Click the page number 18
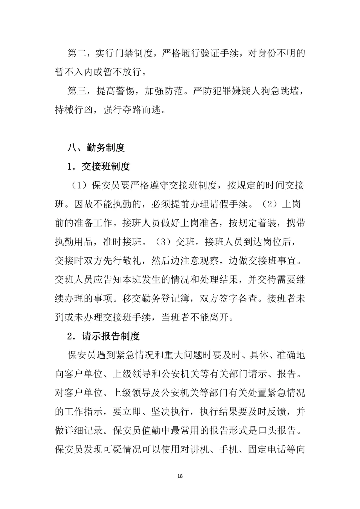pyautogui.click(x=180, y=476)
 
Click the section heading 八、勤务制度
pyautogui.click(x=96, y=147)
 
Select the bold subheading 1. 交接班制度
pyautogui.click(x=99, y=166)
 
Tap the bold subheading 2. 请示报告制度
pyautogui.click(x=103, y=336)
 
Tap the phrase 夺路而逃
pyautogui.click(x=142, y=110)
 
